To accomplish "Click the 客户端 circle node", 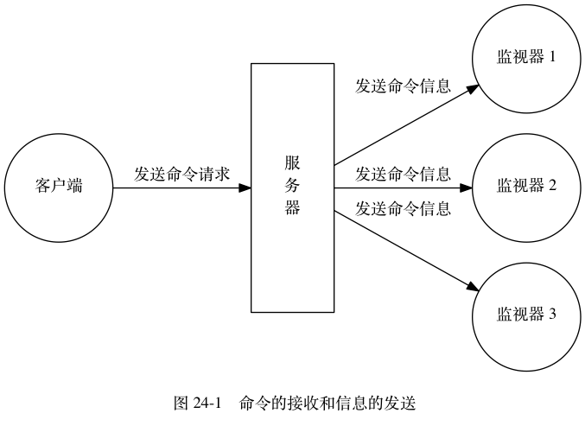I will pyautogui.click(x=59, y=188).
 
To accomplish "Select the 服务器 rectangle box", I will pyautogui.click(x=292, y=188).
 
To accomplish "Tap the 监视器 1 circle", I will pyautogui.click(x=525, y=58).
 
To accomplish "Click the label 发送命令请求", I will pyautogui.click(x=181, y=174).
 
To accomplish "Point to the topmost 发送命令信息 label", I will pyautogui.click(x=403, y=86).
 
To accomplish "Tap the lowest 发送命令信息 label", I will pyautogui.click(x=403, y=208).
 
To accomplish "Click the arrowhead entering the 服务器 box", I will pyautogui.click(x=245, y=188).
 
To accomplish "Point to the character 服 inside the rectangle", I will pyautogui.click(x=292, y=162).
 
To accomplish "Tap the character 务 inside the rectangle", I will pyautogui.click(x=292, y=185).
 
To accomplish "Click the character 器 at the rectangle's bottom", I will pyautogui.click(x=292, y=207).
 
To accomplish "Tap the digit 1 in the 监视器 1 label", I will pyautogui.click(x=551, y=58).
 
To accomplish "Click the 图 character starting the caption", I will pyautogui.click(x=181, y=404).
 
